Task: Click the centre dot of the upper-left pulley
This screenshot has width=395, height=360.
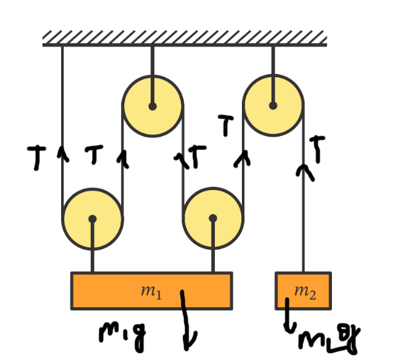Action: pyautogui.click(x=152, y=106)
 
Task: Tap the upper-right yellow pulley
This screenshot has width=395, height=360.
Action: pyautogui.click(x=273, y=105)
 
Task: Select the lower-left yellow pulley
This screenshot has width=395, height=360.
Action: pyautogui.click(x=93, y=219)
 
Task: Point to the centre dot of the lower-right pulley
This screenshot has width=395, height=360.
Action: pyautogui.click(x=213, y=218)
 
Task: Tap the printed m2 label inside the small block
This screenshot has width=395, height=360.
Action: pyautogui.click(x=305, y=291)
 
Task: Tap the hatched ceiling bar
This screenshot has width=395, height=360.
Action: pyautogui.click(x=185, y=39)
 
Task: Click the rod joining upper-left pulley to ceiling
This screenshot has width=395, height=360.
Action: pyautogui.click(x=152, y=61)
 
